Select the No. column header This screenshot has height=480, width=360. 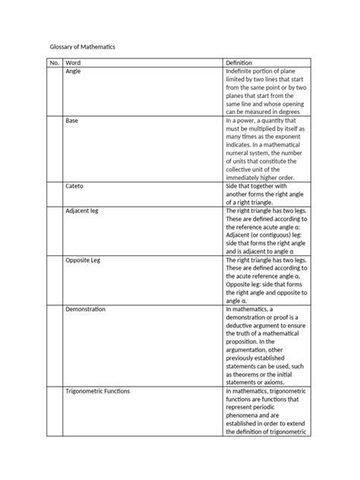[x=54, y=62]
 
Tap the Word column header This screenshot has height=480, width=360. [x=74, y=62]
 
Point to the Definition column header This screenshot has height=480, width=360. [x=239, y=62]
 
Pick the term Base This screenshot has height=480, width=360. [x=72, y=120]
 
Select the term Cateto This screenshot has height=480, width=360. [x=75, y=185]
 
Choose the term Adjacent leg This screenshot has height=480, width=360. [x=83, y=210]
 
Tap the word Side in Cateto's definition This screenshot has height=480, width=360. [x=232, y=185]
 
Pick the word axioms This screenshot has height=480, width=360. [x=279, y=382]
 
